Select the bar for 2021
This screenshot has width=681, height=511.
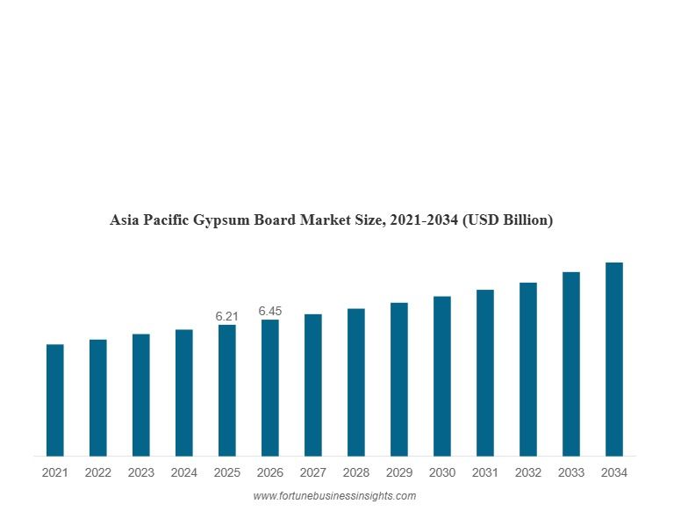pyautogui.click(x=54, y=400)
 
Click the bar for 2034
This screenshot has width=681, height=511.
pyautogui.click(x=614, y=360)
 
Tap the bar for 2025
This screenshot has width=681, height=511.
pyautogui.click(x=226, y=391)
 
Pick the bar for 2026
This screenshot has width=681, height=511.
pyautogui.click(x=269, y=388)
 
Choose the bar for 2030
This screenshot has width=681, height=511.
pyautogui.click(x=441, y=377)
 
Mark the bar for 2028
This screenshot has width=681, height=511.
pyautogui.click(x=355, y=383)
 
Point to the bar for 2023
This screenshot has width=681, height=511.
pyautogui.click(x=140, y=395)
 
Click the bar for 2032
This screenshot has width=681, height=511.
pyautogui.click(x=527, y=370)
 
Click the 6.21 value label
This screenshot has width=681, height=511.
pyautogui.click(x=226, y=316)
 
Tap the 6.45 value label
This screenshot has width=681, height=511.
pyautogui.click(x=270, y=311)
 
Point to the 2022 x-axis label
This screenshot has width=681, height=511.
pyautogui.click(x=97, y=473)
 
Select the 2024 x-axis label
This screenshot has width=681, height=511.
pyautogui.click(x=183, y=473)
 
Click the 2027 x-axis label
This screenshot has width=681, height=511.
pyautogui.click(x=312, y=473)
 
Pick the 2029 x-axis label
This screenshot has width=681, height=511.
pyautogui.click(x=398, y=473)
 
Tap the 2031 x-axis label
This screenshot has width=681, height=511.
pyautogui.click(x=484, y=473)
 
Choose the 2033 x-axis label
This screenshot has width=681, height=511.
pyautogui.click(x=570, y=473)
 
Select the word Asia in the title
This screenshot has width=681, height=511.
pyautogui.click(x=124, y=220)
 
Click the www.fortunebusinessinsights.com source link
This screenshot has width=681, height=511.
pyautogui.click(x=334, y=496)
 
